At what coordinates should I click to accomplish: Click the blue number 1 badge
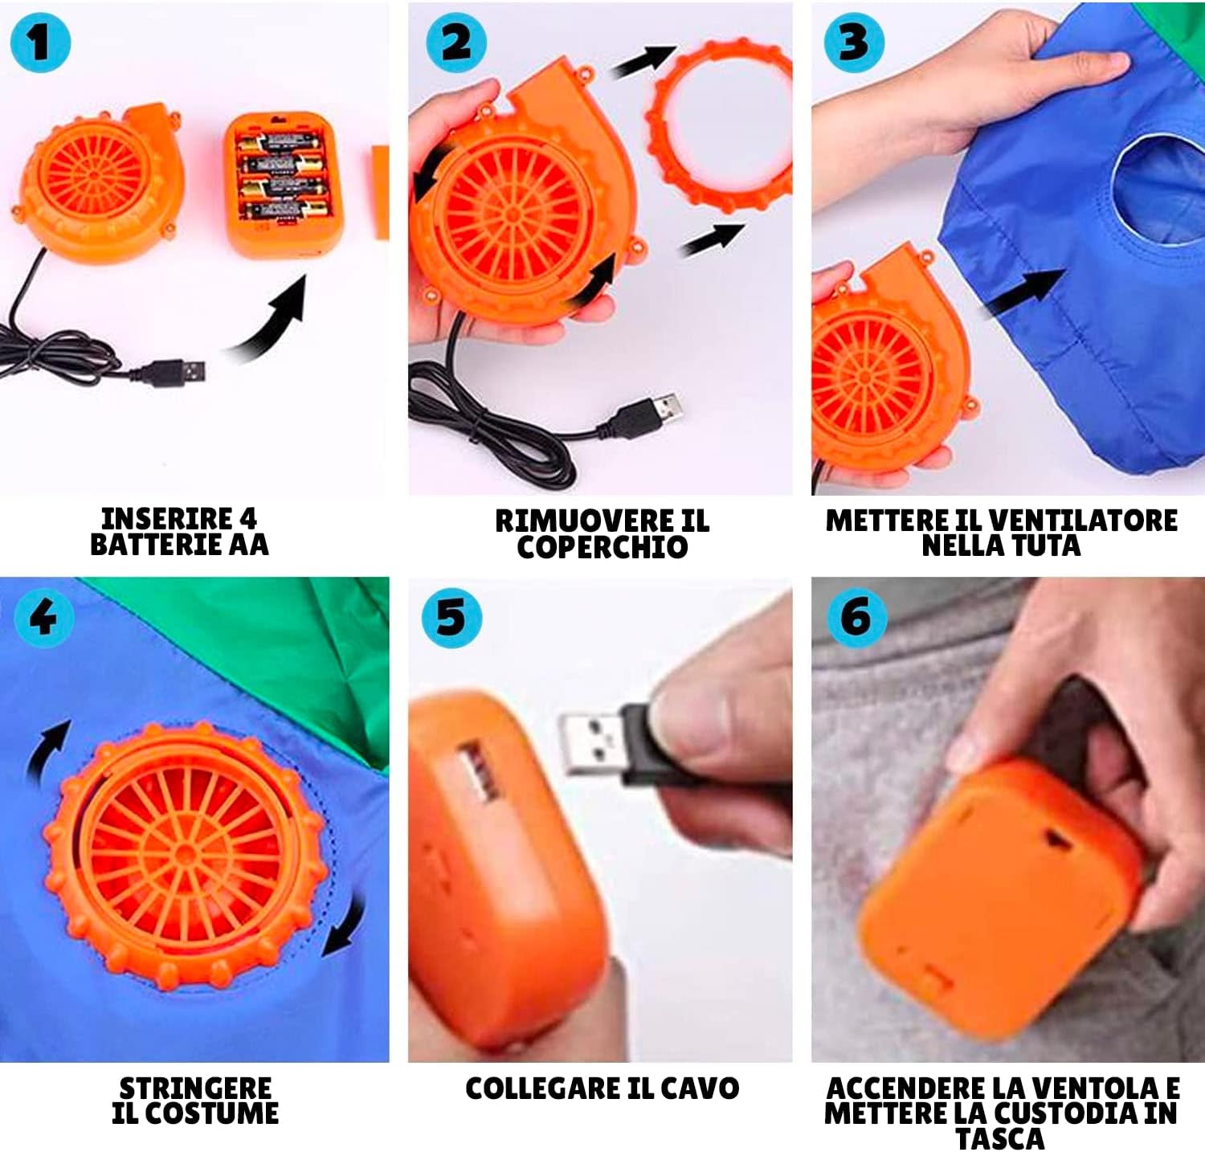[x=40, y=43]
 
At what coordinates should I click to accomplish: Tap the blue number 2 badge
[x=456, y=43]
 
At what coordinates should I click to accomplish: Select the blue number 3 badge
[x=854, y=43]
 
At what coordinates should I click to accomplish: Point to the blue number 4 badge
[x=44, y=617]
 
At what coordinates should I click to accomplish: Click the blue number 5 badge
[x=451, y=617]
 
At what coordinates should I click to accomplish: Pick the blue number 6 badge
[x=857, y=617]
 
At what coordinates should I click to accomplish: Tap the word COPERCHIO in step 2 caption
[x=602, y=548]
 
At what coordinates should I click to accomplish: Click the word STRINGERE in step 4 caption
[x=195, y=1088]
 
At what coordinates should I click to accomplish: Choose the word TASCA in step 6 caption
[x=1000, y=1138]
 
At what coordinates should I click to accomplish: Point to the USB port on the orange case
[x=476, y=772]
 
